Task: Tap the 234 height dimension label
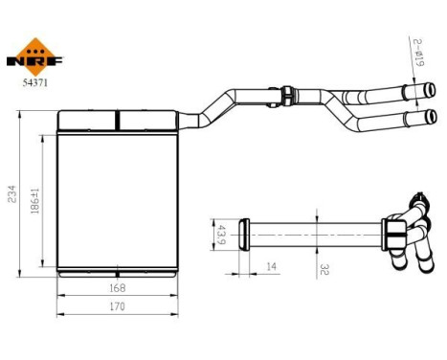tap(11, 194)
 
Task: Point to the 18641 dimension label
tap(34, 202)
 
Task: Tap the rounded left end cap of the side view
tap(244, 232)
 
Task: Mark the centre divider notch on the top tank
tap(117, 120)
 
